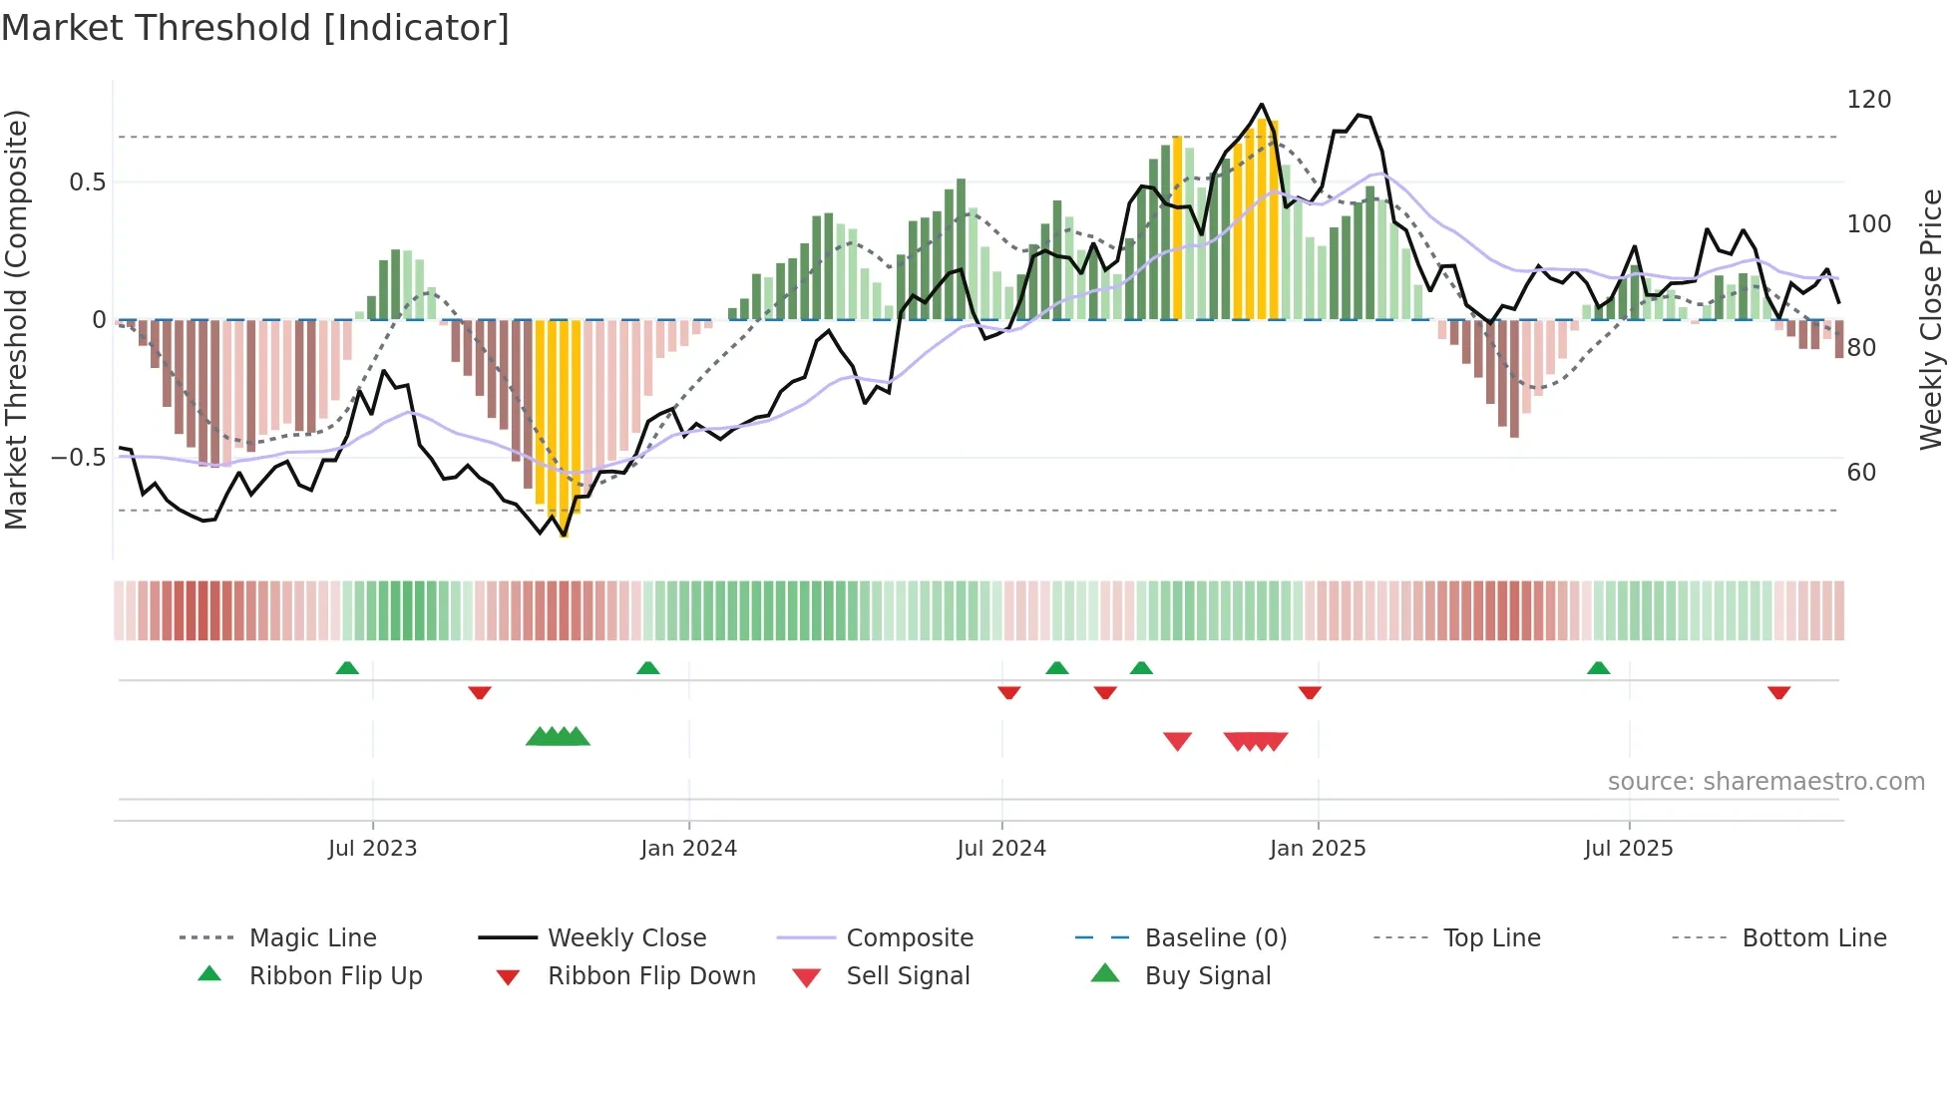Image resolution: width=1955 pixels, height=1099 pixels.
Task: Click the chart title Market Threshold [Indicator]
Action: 255,28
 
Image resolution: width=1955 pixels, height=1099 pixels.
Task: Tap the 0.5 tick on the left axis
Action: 87,182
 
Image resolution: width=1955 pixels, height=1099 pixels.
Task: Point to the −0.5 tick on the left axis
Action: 79,458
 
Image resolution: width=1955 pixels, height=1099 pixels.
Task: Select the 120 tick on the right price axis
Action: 1868,100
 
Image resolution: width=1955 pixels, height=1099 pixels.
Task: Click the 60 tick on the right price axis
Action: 1861,473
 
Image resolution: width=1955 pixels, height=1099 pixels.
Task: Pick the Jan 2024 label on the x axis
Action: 688,849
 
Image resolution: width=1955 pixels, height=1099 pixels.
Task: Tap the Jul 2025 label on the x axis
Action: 1628,849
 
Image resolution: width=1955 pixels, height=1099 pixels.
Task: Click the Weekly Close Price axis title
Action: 1931,319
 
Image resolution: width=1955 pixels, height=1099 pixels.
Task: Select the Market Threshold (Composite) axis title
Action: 17,319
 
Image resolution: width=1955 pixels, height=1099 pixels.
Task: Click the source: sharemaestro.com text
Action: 1765,782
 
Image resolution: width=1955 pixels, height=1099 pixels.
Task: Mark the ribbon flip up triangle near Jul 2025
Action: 1598,668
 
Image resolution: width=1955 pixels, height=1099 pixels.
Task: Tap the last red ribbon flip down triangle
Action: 1778,692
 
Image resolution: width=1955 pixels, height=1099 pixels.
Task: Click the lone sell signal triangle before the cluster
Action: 1177,741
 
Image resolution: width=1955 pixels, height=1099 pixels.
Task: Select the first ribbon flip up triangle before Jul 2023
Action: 347,668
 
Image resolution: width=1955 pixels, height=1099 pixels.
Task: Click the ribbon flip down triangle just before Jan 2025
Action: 1310,692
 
